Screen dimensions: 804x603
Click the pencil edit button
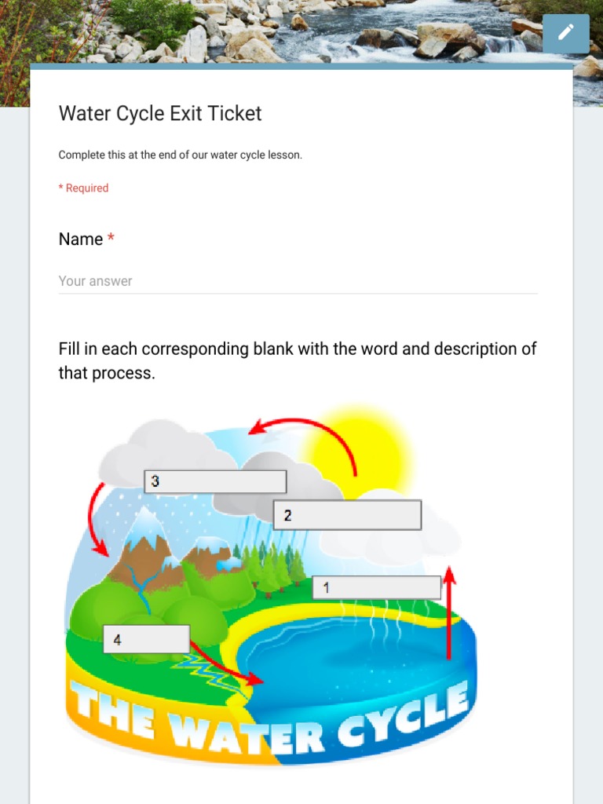click(x=565, y=33)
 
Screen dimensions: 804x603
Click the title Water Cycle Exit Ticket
click(x=160, y=114)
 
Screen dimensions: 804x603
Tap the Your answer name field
click(x=298, y=281)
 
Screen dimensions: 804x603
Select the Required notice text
click(x=83, y=188)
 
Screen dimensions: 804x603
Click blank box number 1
click(x=376, y=587)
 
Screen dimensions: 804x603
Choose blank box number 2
click(x=346, y=515)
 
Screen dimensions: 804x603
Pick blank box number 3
click(x=214, y=481)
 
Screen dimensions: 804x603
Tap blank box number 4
click(x=146, y=639)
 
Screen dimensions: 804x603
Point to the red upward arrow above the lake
click(x=449, y=612)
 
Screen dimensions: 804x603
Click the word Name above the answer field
click(x=81, y=239)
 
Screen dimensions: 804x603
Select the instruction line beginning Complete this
click(x=180, y=155)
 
